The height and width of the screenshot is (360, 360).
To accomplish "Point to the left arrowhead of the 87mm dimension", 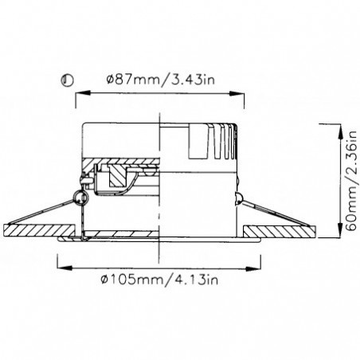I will click(x=80, y=94).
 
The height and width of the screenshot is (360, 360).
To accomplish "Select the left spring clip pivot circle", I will click(x=79, y=195).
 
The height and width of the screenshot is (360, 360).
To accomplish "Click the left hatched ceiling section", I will click(x=32, y=231).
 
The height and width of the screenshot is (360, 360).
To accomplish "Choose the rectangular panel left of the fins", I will click(x=195, y=142).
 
